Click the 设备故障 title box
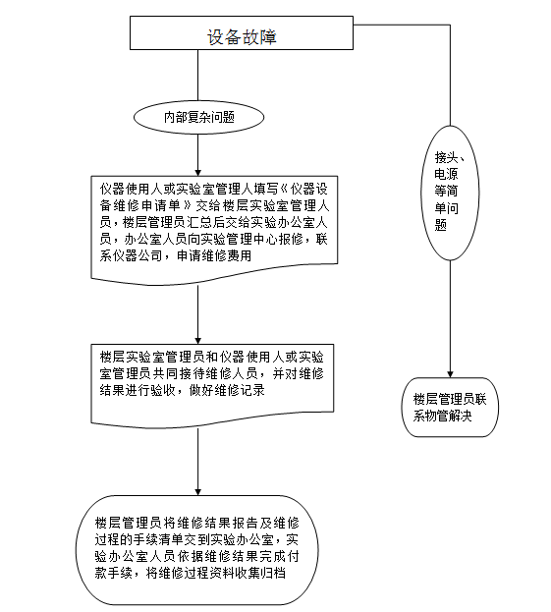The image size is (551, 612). point(242,32)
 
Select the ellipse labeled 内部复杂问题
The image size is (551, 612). point(198,117)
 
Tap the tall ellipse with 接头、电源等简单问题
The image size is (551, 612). point(450,193)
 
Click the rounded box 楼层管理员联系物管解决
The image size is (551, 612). point(450,407)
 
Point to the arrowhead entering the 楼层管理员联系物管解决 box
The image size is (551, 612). point(450,374)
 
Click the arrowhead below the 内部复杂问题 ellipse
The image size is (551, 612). point(197,173)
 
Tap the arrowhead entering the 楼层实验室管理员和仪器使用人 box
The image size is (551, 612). point(197,341)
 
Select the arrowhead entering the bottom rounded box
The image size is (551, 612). point(197,492)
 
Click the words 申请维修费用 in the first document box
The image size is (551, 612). point(214,255)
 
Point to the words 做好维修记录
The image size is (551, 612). point(227,390)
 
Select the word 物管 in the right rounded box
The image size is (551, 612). point(437,416)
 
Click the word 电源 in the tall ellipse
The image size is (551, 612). point(446,174)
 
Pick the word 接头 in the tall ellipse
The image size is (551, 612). point(446,157)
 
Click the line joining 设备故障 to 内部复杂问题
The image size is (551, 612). point(197,76)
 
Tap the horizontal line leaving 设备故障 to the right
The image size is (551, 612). point(402,25)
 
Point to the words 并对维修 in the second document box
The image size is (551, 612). point(298,373)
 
